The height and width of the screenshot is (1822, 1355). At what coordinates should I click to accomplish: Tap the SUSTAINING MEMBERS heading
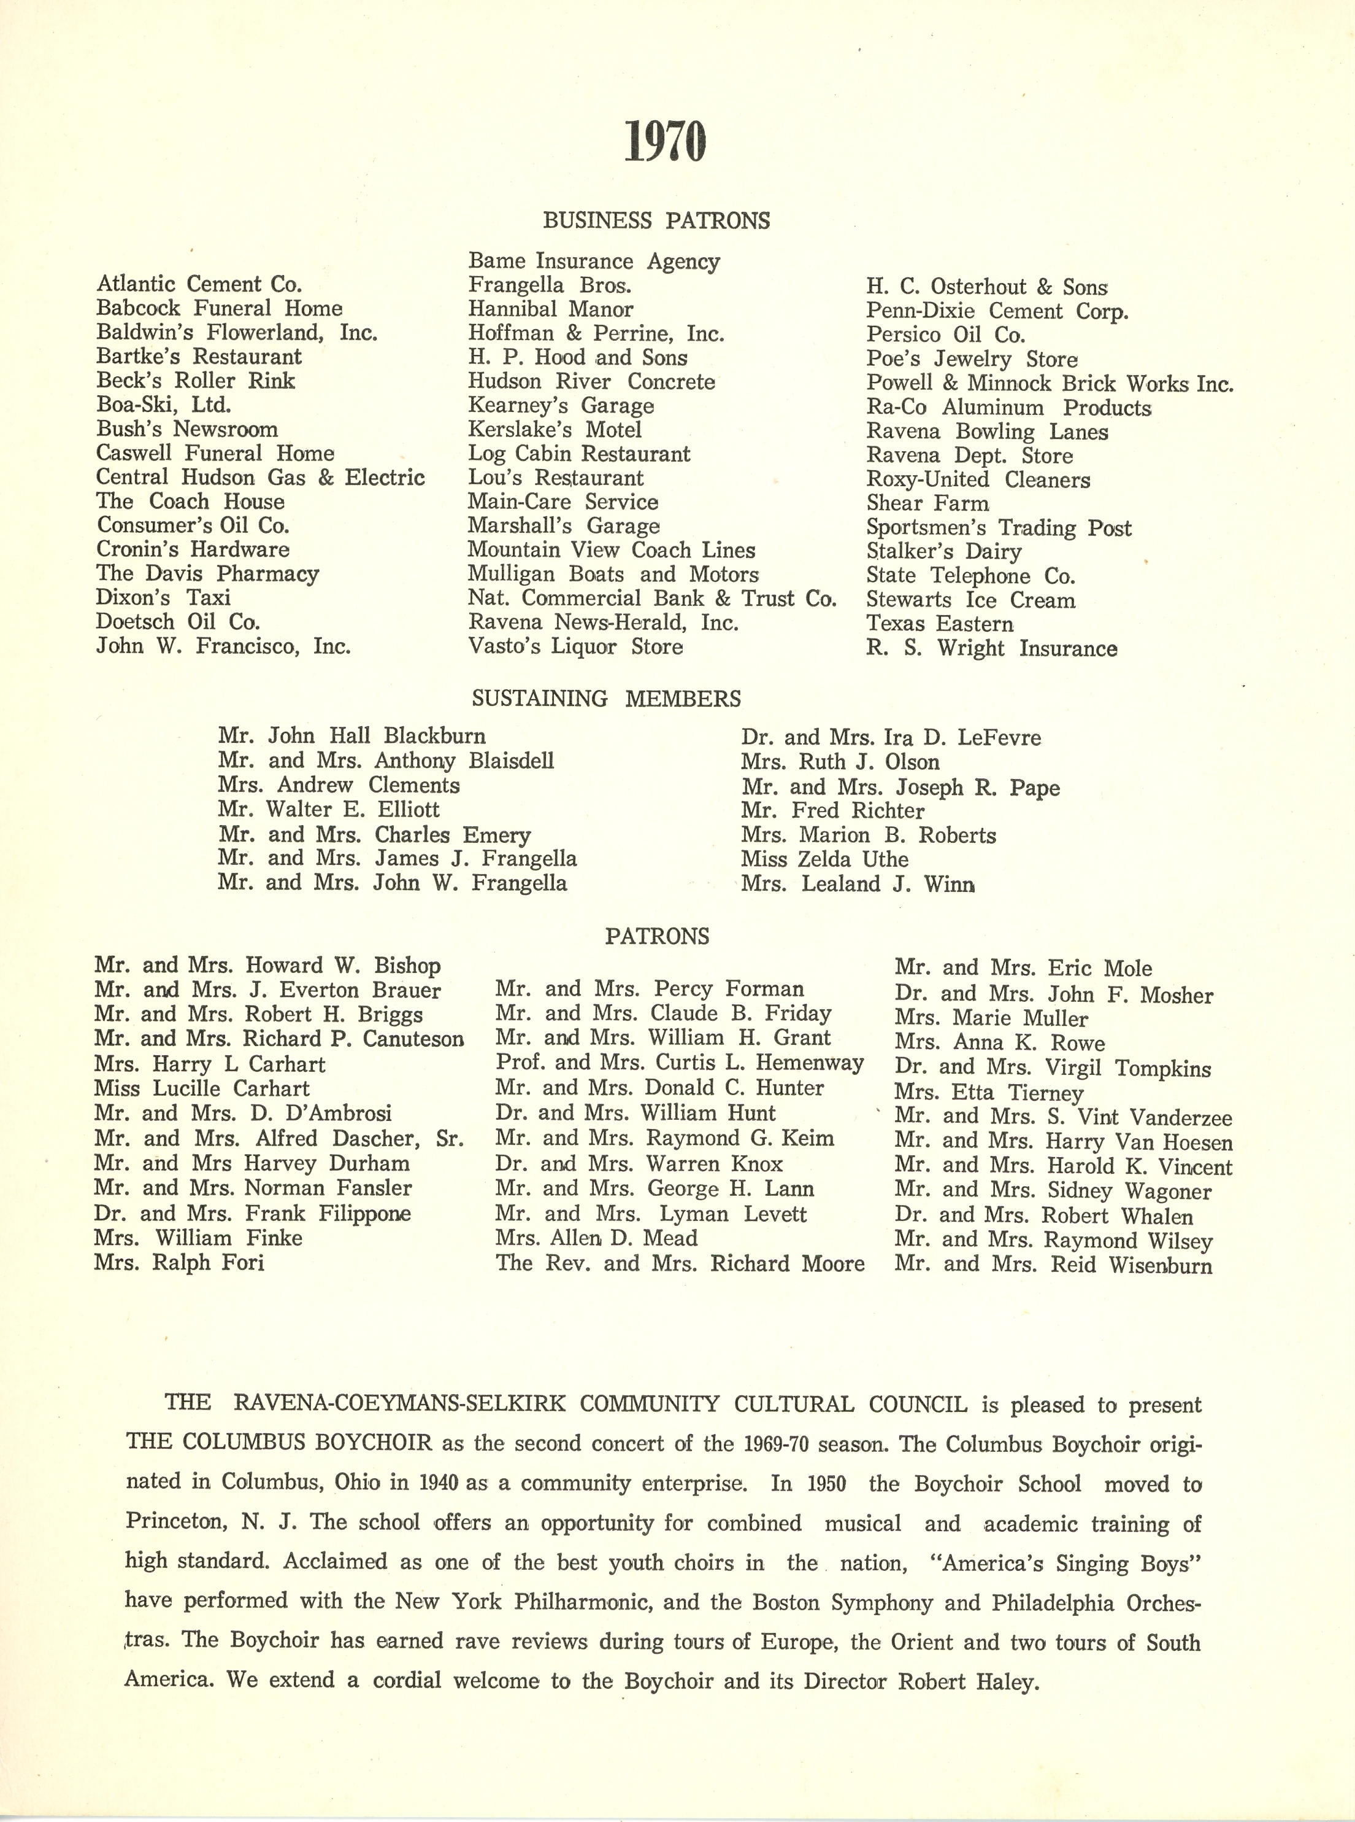click(x=607, y=699)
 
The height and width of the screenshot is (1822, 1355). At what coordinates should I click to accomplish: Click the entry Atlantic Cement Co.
click(x=199, y=284)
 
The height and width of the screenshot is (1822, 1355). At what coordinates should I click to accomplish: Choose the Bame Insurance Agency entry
click(x=594, y=261)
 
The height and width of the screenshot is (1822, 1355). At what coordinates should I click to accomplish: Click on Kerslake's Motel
click(x=555, y=429)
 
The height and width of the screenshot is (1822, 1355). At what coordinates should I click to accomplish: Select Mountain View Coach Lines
click(x=611, y=550)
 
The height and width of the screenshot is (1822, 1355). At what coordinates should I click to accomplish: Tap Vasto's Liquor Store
click(x=575, y=647)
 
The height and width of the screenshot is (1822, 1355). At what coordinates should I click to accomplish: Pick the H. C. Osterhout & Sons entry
click(x=988, y=287)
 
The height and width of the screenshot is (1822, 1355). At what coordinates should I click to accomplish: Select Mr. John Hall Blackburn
click(x=352, y=735)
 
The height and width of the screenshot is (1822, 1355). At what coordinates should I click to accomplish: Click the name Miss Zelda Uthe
click(x=824, y=859)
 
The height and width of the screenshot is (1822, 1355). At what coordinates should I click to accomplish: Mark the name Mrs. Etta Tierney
click(x=989, y=1092)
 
